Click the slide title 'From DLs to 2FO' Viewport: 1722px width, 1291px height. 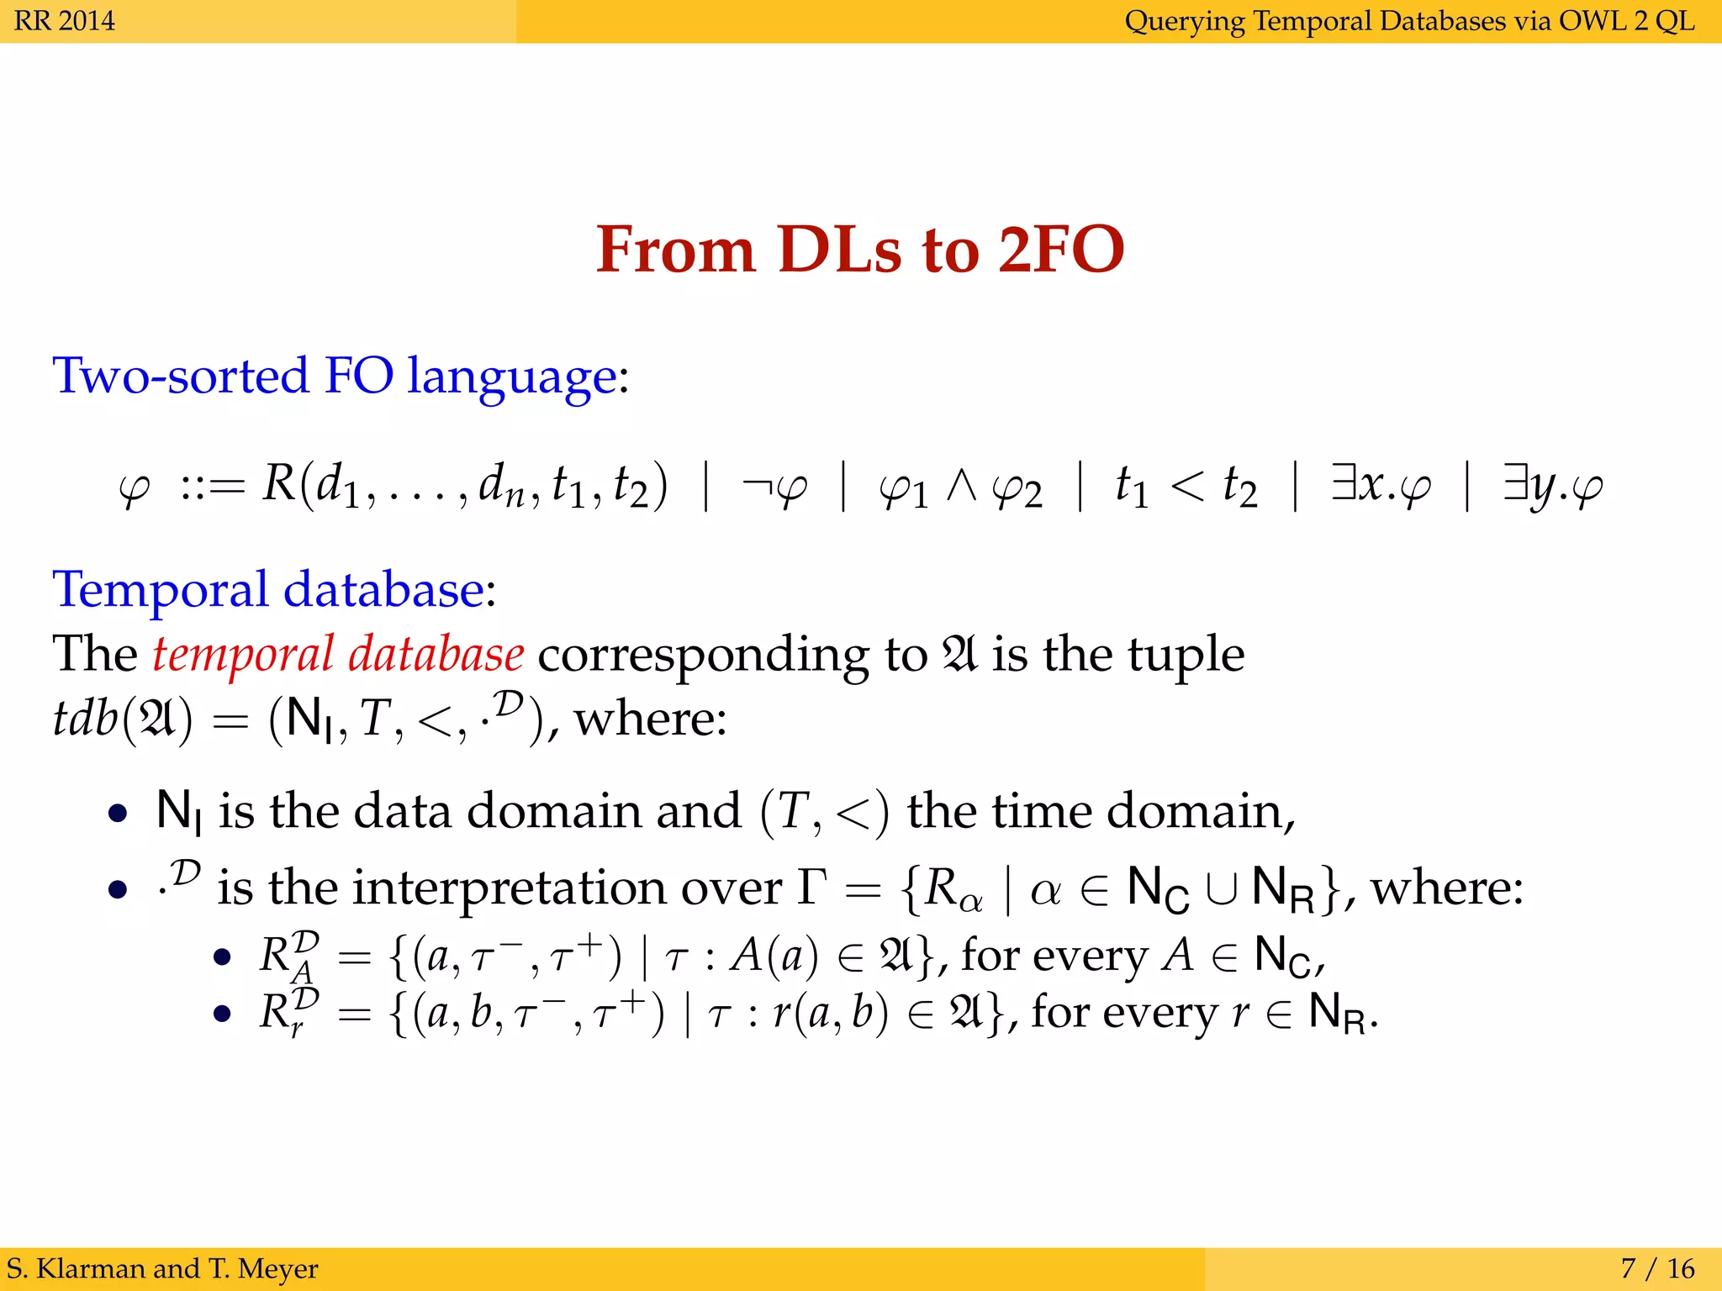tap(859, 250)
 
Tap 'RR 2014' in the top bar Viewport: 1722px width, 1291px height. tap(65, 20)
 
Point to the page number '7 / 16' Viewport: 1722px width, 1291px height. tap(1657, 1267)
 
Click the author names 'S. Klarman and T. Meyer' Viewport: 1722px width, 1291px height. tap(162, 1267)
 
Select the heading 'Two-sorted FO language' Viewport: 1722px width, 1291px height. tap(335, 376)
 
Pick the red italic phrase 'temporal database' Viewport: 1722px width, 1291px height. tap(338, 655)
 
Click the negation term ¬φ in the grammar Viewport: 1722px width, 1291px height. tap(774, 486)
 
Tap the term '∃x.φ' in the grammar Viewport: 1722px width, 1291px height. tap(1380, 486)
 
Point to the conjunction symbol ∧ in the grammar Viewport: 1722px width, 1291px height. tap(961, 486)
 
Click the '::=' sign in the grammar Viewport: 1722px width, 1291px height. tap(212, 487)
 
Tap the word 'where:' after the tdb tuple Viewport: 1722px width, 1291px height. tap(650, 719)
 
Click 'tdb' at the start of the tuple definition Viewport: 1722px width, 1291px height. tap(84, 719)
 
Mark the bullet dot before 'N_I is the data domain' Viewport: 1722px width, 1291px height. tap(119, 814)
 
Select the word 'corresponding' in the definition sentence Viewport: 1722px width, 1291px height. tap(703, 655)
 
